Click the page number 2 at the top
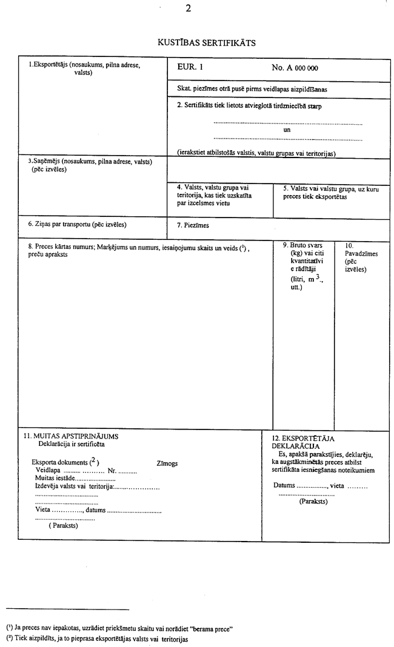click(x=189, y=8)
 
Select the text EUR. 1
click(x=190, y=68)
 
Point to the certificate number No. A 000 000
click(x=295, y=68)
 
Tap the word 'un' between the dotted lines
click(x=287, y=130)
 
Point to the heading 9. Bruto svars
click(x=302, y=245)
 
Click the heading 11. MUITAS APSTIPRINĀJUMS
click(x=71, y=436)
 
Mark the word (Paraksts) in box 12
click(x=313, y=502)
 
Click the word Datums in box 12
click(x=284, y=486)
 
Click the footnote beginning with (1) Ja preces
click(x=119, y=628)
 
